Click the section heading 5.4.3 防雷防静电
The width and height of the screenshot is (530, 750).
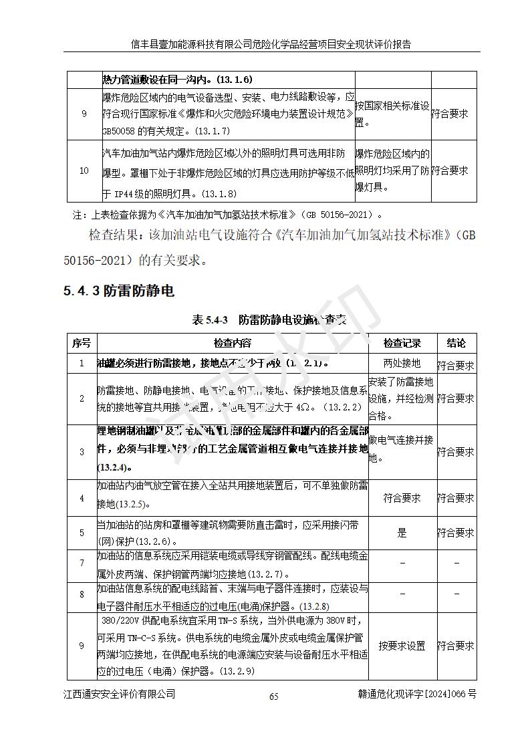[x=119, y=291]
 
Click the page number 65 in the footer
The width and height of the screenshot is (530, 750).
[x=273, y=696]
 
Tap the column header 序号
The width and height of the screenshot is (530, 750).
[x=82, y=343]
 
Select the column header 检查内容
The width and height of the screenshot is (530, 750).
[x=233, y=343]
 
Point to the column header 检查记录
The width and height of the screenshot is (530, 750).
[x=402, y=343]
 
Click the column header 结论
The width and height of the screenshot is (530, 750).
[x=456, y=343]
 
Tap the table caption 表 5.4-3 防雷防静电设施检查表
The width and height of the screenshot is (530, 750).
[x=269, y=320]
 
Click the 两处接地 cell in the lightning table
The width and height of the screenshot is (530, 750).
[x=402, y=363]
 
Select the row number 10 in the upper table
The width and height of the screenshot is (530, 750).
[x=84, y=170]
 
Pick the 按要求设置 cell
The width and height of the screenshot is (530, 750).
[x=402, y=646]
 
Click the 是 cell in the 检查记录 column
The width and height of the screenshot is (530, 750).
[x=402, y=533]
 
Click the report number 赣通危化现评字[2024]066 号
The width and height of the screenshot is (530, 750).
[x=417, y=694]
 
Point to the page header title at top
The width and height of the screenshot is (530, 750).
[x=270, y=44]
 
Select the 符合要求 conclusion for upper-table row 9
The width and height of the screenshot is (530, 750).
[x=450, y=114]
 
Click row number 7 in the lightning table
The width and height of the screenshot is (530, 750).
[x=82, y=563]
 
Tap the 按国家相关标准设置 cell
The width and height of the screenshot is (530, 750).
[x=392, y=114]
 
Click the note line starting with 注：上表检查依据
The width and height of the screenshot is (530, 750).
[x=228, y=215]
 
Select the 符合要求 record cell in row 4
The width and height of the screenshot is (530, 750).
[x=402, y=498]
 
